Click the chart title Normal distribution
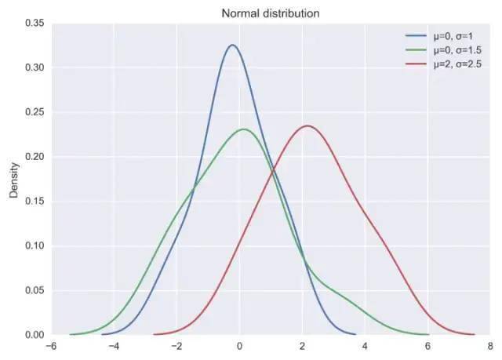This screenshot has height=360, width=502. click(270, 13)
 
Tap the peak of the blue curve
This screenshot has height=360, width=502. click(232, 45)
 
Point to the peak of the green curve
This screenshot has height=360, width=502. click(244, 129)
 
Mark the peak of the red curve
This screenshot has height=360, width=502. click(307, 125)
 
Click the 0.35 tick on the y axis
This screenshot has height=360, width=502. click(34, 24)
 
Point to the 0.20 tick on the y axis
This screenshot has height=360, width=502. click(34, 157)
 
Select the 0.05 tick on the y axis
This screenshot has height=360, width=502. click(34, 290)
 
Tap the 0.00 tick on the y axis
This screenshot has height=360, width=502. click(34, 335)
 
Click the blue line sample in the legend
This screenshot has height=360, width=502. click(415, 36)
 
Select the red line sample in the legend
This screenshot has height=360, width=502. click(415, 63)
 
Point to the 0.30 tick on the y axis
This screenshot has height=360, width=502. click(34, 67)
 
